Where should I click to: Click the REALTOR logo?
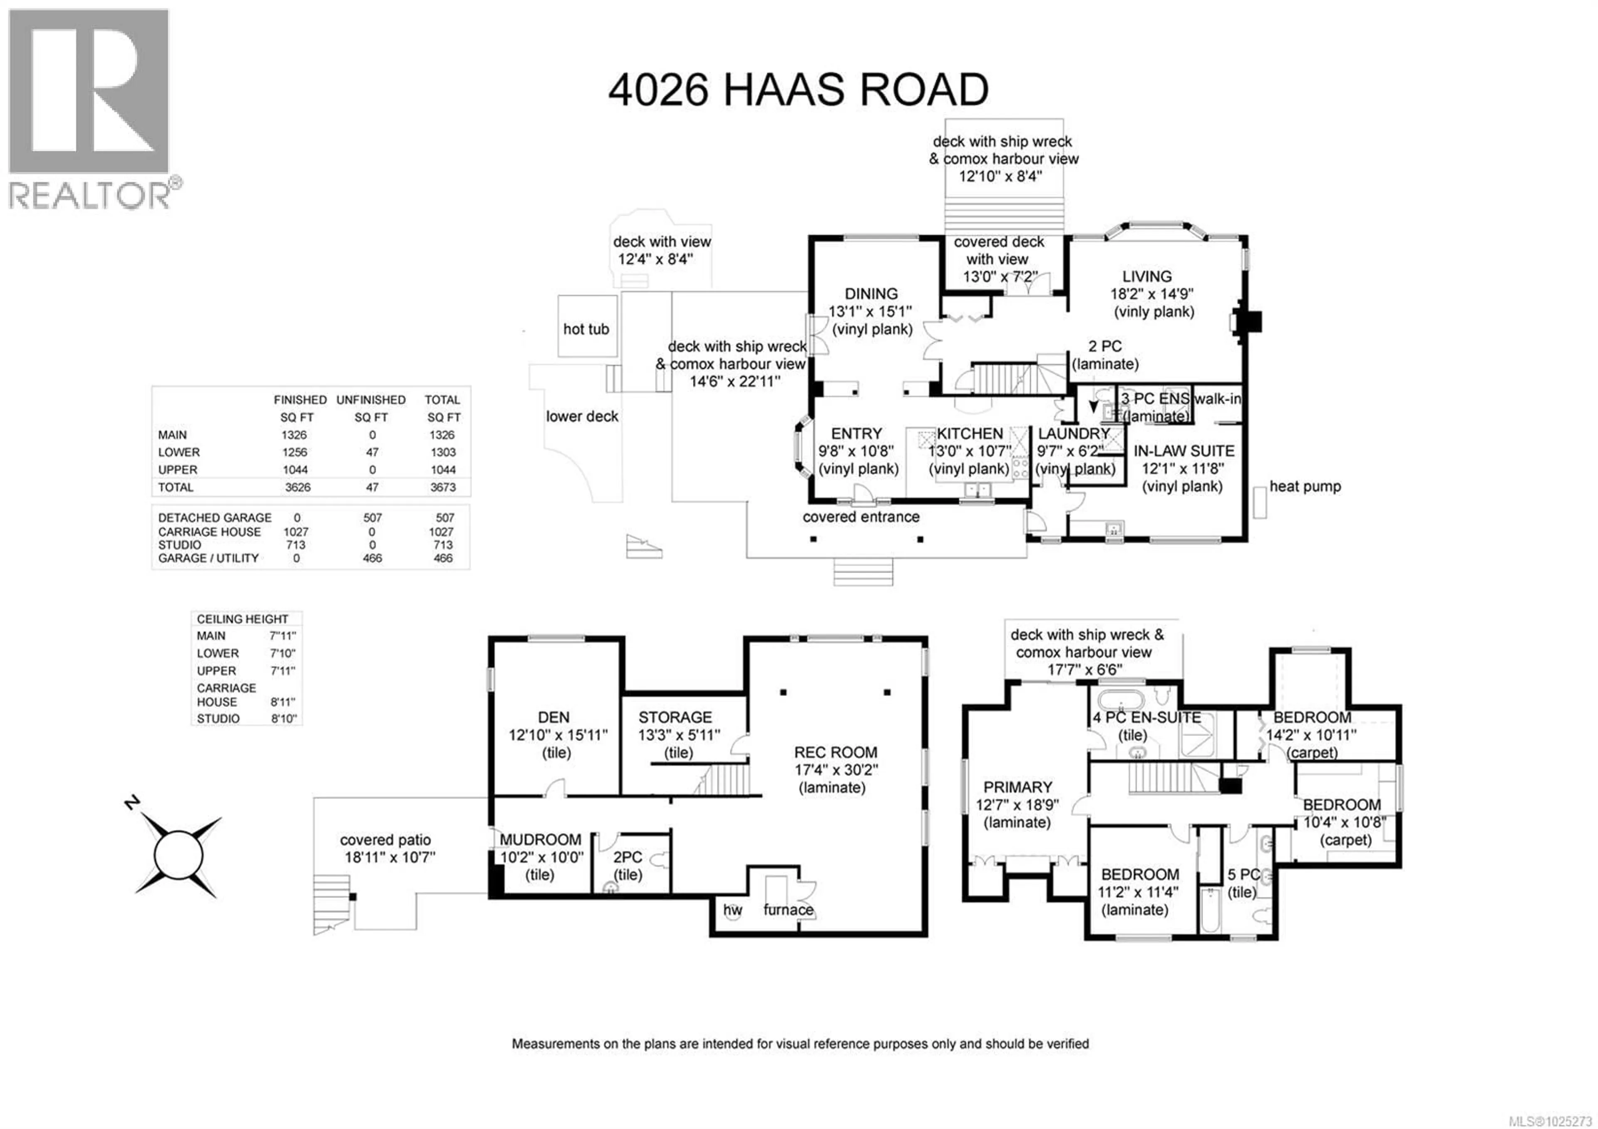(x=89, y=108)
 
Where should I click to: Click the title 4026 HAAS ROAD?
(x=798, y=90)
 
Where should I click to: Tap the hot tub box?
(x=587, y=327)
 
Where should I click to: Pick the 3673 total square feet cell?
(x=443, y=487)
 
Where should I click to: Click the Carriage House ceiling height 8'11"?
(x=283, y=702)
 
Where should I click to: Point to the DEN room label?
(x=553, y=718)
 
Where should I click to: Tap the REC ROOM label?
(x=835, y=752)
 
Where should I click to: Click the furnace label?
(x=788, y=910)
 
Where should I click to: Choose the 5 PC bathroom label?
(x=1243, y=875)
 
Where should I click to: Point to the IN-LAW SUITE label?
(x=1183, y=451)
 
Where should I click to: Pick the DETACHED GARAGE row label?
(x=214, y=518)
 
